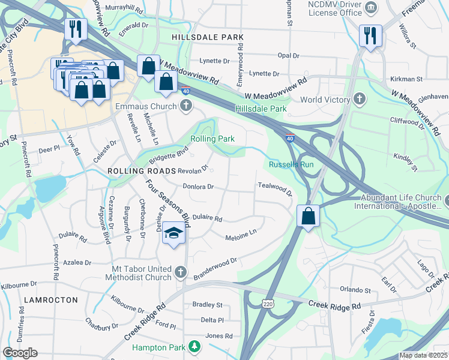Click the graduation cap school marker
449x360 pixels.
pyautogui.click(x=173, y=233)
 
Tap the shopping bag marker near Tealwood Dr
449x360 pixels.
pyautogui.click(x=308, y=215)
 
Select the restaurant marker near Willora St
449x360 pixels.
pyautogui.click(x=370, y=35)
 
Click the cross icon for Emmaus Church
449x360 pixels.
pyautogui.click(x=186, y=106)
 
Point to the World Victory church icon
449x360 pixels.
pyautogui.click(x=359, y=99)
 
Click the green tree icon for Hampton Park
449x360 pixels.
pyautogui.click(x=194, y=346)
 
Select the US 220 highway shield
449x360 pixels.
pyautogui.click(x=268, y=304)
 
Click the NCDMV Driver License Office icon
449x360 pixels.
pyautogui.click(x=372, y=7)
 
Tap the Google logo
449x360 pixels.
pyautogui.click(x=20, y=353)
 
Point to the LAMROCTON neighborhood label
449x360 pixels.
pyautogui.click(x=51, y=299)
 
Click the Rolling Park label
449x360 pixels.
pyautogui.click(x=212, y=139)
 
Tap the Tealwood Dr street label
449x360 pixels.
pyautogui.click(x=274, y=189)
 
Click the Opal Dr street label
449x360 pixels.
pyautogui.click(x=288, y=55)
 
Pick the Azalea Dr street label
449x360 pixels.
pyautogui.click(x=77, y=263)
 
